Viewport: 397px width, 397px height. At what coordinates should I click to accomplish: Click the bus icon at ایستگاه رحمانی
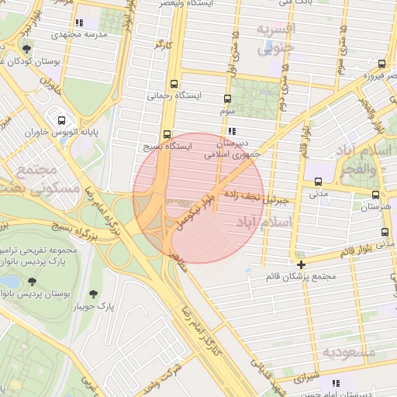click(173, 84)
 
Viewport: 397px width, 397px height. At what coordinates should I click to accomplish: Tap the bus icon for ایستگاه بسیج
click(167, 133)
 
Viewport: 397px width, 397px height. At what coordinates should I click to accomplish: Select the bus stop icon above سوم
click(227, 99)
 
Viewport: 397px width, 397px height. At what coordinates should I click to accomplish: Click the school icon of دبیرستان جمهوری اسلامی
click(231, 131)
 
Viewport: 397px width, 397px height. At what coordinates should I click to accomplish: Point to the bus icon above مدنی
click(318, 182)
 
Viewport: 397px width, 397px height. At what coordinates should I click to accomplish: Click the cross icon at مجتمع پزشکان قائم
click(301, 264)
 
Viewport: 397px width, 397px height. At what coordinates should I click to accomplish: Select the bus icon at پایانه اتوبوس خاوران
click(61, 120)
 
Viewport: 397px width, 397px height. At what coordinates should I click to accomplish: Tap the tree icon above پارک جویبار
click(94, 294)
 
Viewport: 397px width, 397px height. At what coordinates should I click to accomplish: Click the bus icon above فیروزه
click(381, 64)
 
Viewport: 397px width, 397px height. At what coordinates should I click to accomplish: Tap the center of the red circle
click(198, 198)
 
